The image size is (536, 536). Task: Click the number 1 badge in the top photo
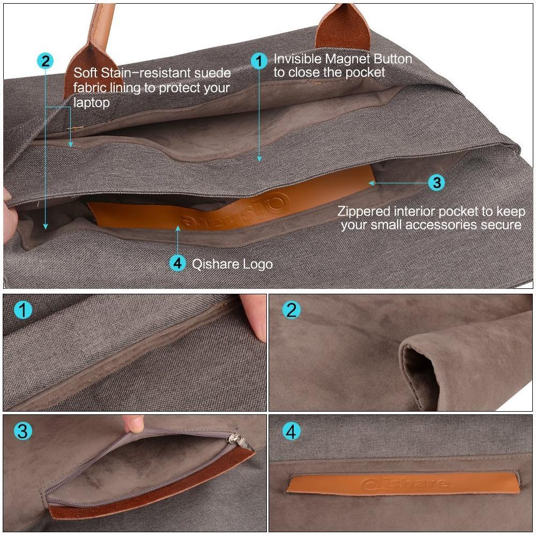(x=259, y=61)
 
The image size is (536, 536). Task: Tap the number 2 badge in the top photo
(x=46, y=61)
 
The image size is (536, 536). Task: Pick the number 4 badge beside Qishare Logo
(x=178, y=263)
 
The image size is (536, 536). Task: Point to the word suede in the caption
(x=211, y=73)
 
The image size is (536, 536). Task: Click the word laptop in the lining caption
(x=92, y=102)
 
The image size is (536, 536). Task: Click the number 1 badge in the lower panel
(x=23, y=310)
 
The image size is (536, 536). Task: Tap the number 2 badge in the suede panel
(x=292, y=310)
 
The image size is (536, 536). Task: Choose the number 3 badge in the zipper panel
(x=23, y=431)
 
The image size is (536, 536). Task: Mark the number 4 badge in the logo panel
(x=292, y=431)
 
